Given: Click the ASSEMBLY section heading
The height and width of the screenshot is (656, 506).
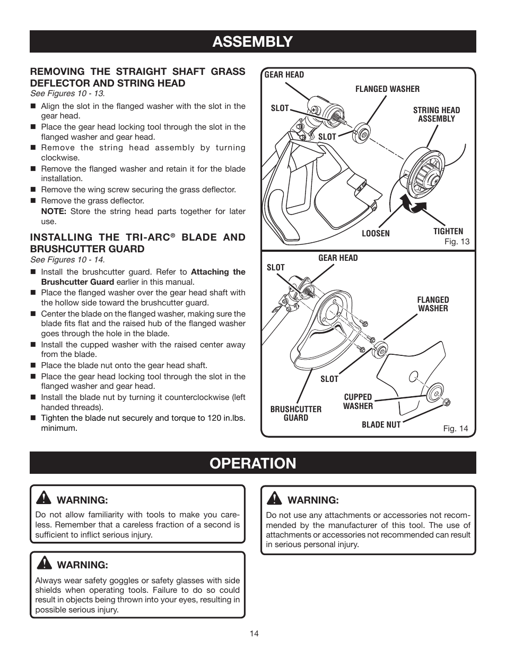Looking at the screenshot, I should pyautogui.click(x=252, y=41).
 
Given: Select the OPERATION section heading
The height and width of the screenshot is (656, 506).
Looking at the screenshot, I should pyautogui.click(x=252, y=463).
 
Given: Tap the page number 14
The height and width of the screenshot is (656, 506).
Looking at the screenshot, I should pyautogui.click(x=254, y=634).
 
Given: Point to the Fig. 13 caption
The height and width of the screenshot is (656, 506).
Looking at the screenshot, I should pyautogui.click(x=457, y=241).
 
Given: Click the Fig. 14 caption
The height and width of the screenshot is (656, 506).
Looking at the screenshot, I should pyautogui.click(x=456, y=428).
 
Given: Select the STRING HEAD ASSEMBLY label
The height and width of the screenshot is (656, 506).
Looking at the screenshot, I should pyautogui.click(x=436, y=114).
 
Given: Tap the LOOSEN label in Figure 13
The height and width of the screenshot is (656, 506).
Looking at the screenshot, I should pyautogui.click(x=376, y=234).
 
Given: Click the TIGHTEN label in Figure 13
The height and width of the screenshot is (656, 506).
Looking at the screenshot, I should pyautogui.click(x=448, y=231).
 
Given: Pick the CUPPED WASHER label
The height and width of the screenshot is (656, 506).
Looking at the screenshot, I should pyautogui.click(x=357, y=402).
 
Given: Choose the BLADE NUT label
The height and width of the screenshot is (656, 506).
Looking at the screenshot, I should pyautogui.click(x=381, y=424).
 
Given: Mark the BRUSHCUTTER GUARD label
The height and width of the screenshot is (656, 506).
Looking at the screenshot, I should pyautogui.click(x=295, y=413).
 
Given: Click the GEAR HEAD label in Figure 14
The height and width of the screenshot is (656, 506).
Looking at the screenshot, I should pyautogui.click(x=338, y=258).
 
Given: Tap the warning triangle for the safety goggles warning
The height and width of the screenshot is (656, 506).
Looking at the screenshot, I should pyautogui.click(x=43, y=564).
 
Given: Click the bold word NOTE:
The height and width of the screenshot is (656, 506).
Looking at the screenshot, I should pyautogui.click(x=54, y=211).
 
